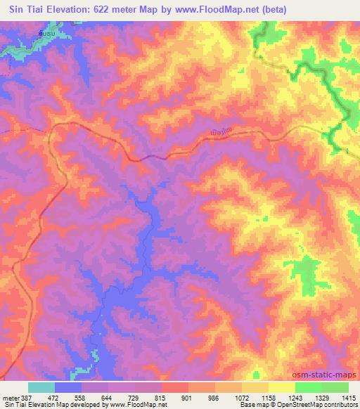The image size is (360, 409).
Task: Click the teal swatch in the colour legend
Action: [41, 387]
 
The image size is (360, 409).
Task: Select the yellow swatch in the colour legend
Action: [282, 387]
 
